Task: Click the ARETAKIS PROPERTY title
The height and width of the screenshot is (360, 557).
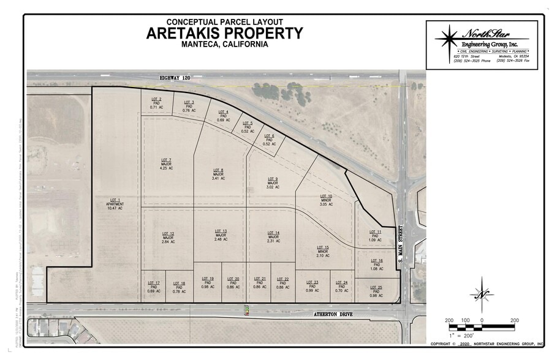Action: [224, 33]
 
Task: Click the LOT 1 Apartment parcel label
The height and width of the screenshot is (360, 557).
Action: [115, 204]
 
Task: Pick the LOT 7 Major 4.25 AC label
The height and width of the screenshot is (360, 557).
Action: [166, 163]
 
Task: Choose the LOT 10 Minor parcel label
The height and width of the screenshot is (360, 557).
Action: [326, 200]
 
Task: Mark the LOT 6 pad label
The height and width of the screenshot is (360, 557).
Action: [269, 140]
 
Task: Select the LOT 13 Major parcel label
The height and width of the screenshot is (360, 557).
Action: [221, 235]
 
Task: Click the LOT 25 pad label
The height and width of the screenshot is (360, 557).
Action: [376, 291]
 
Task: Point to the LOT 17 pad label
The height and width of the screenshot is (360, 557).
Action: [154, 287]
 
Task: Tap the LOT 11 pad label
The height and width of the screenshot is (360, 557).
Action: [375, 235]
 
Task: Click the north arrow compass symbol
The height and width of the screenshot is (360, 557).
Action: [482, 294]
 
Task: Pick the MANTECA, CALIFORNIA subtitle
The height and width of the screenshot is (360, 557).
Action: [224, 45]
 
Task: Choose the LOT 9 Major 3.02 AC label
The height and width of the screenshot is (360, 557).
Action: [273, 182]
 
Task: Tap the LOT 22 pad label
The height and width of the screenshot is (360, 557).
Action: [282, 283]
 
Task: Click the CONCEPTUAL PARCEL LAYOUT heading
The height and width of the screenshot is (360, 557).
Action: [224, 21]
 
